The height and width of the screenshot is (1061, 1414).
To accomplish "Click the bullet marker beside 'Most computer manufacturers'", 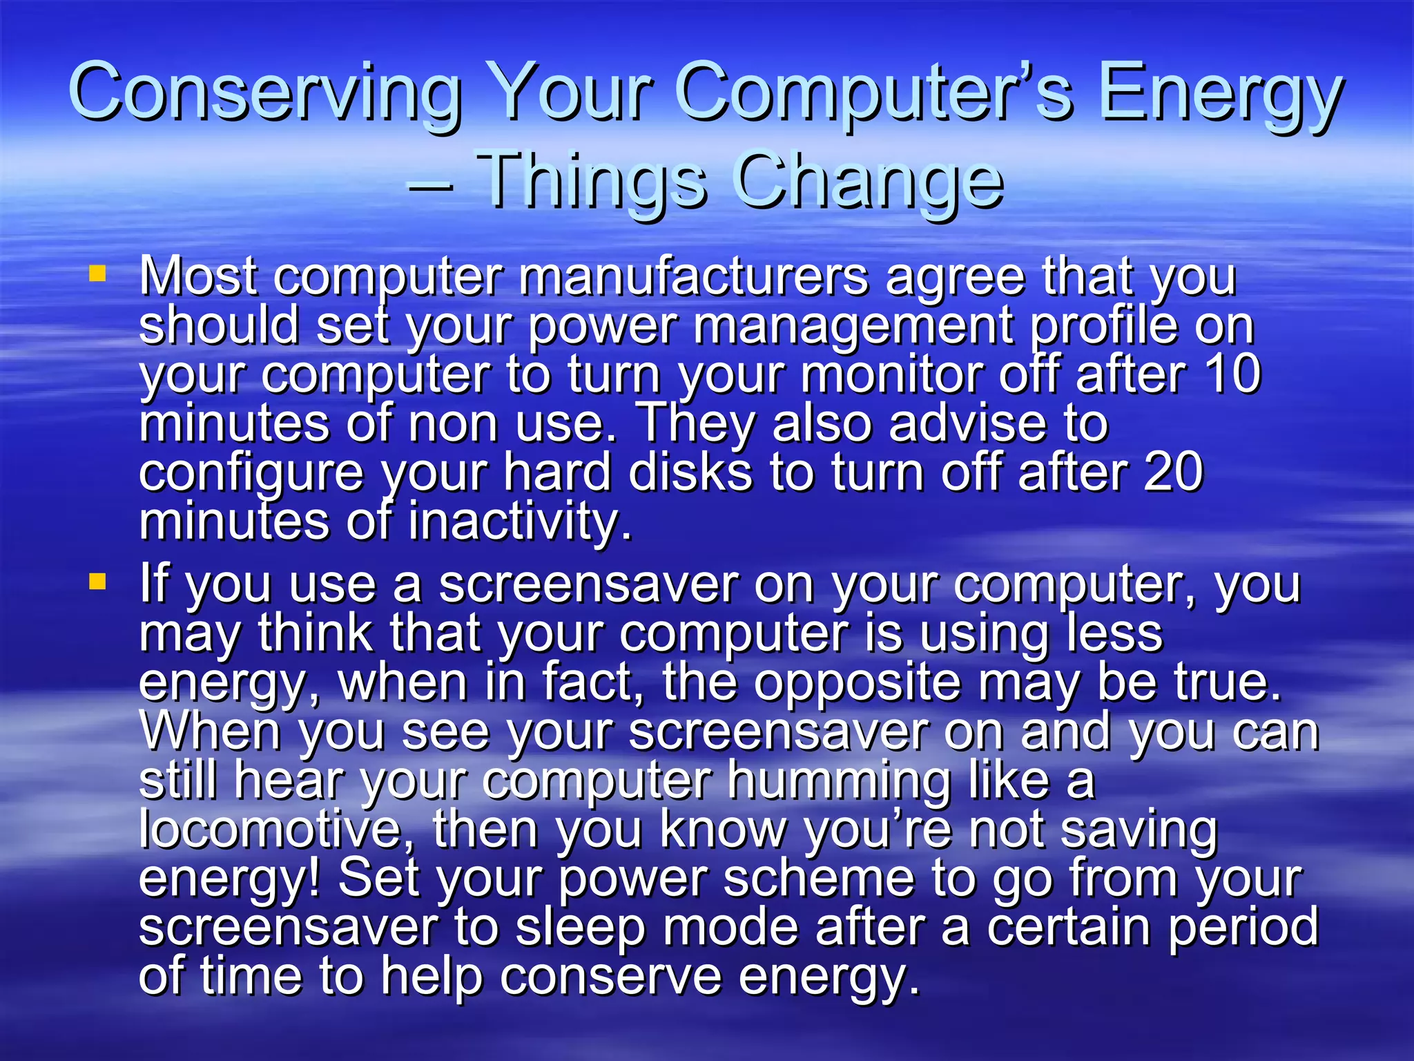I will [x=97, y=274].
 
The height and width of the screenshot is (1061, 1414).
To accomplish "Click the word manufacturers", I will [x=693, y=276].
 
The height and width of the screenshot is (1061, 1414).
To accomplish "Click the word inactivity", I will [x=520, y=522].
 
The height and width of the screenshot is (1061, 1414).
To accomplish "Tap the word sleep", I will [x=581, y=928].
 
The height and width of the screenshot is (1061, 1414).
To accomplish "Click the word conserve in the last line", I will [x=610, y=976].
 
